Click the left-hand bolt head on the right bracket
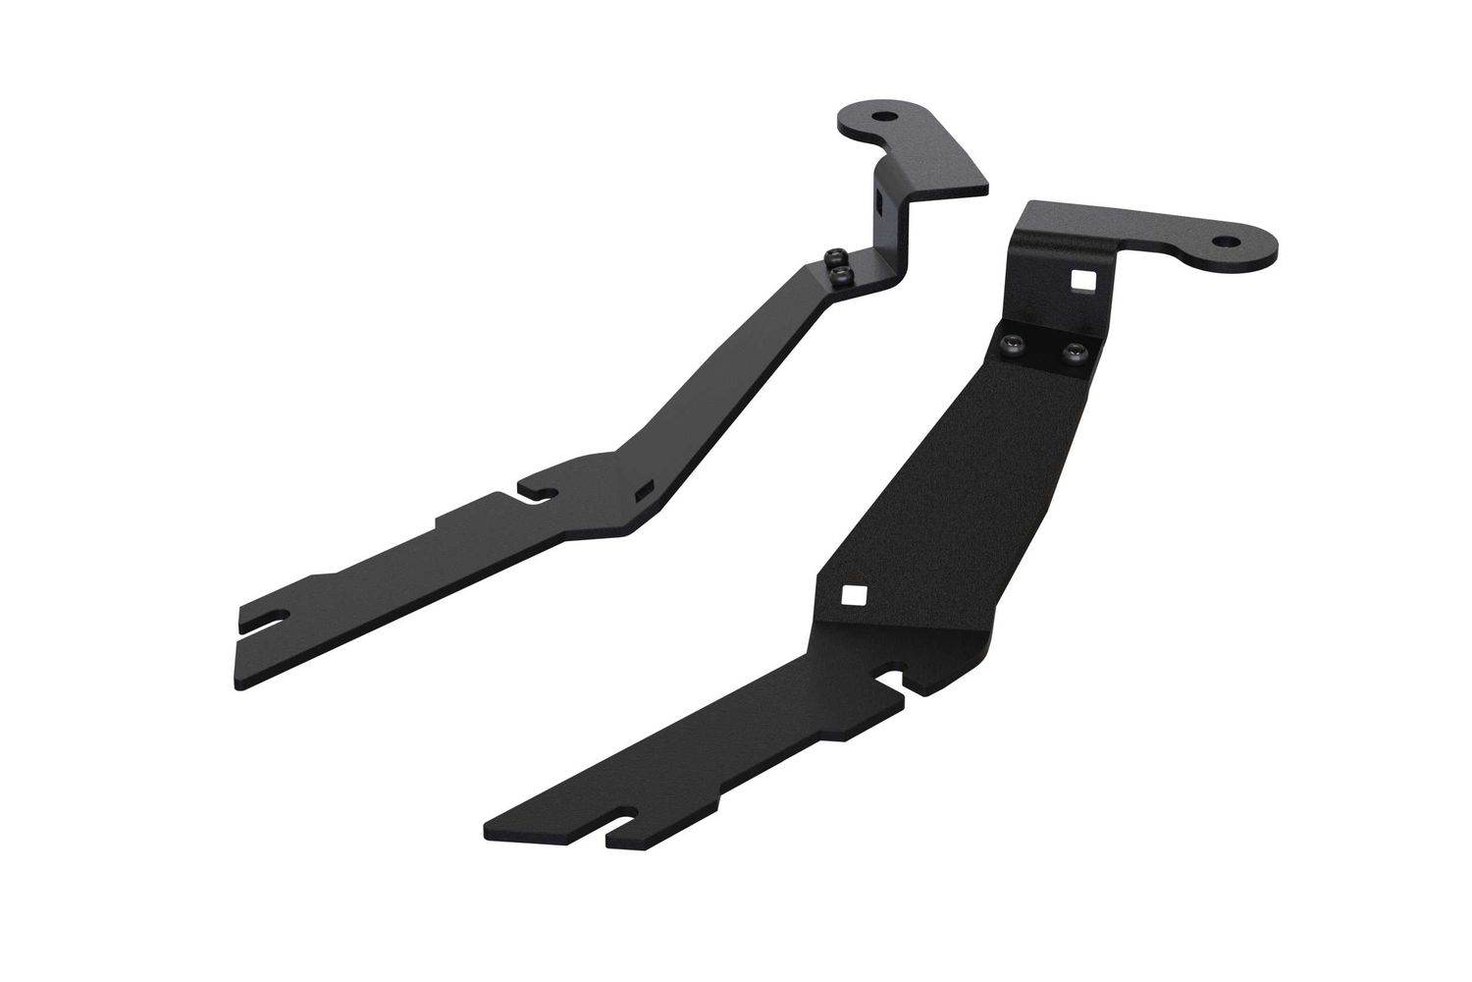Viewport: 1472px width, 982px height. pos(1014,343)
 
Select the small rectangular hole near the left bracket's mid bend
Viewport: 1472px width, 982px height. pos(644,488)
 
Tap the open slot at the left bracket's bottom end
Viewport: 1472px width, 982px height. pos(267,620)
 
